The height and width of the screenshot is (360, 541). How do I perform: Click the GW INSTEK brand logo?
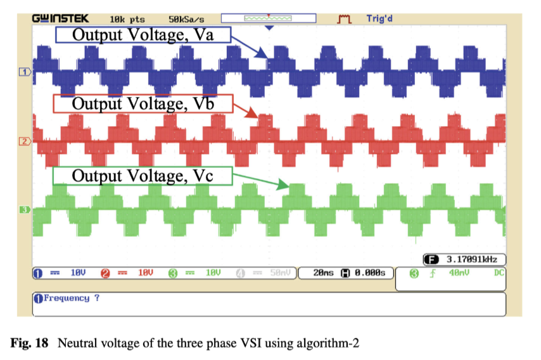pos(61,18)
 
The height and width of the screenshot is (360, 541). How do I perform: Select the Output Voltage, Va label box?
pos(143,35)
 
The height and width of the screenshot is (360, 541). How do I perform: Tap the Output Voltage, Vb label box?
pos(143,103)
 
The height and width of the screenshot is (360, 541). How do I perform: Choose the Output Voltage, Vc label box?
pos(143,175)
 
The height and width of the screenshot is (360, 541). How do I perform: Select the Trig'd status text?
pos(379,19)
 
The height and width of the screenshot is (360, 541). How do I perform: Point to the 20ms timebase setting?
pos(324,273)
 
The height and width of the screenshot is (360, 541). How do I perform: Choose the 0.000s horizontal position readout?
pos(367,273)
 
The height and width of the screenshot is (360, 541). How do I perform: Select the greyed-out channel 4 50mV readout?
pos(279,273)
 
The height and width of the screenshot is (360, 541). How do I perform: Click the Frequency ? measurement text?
pos(70,297)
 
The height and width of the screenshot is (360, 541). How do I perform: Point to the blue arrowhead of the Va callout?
pos(265,58)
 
